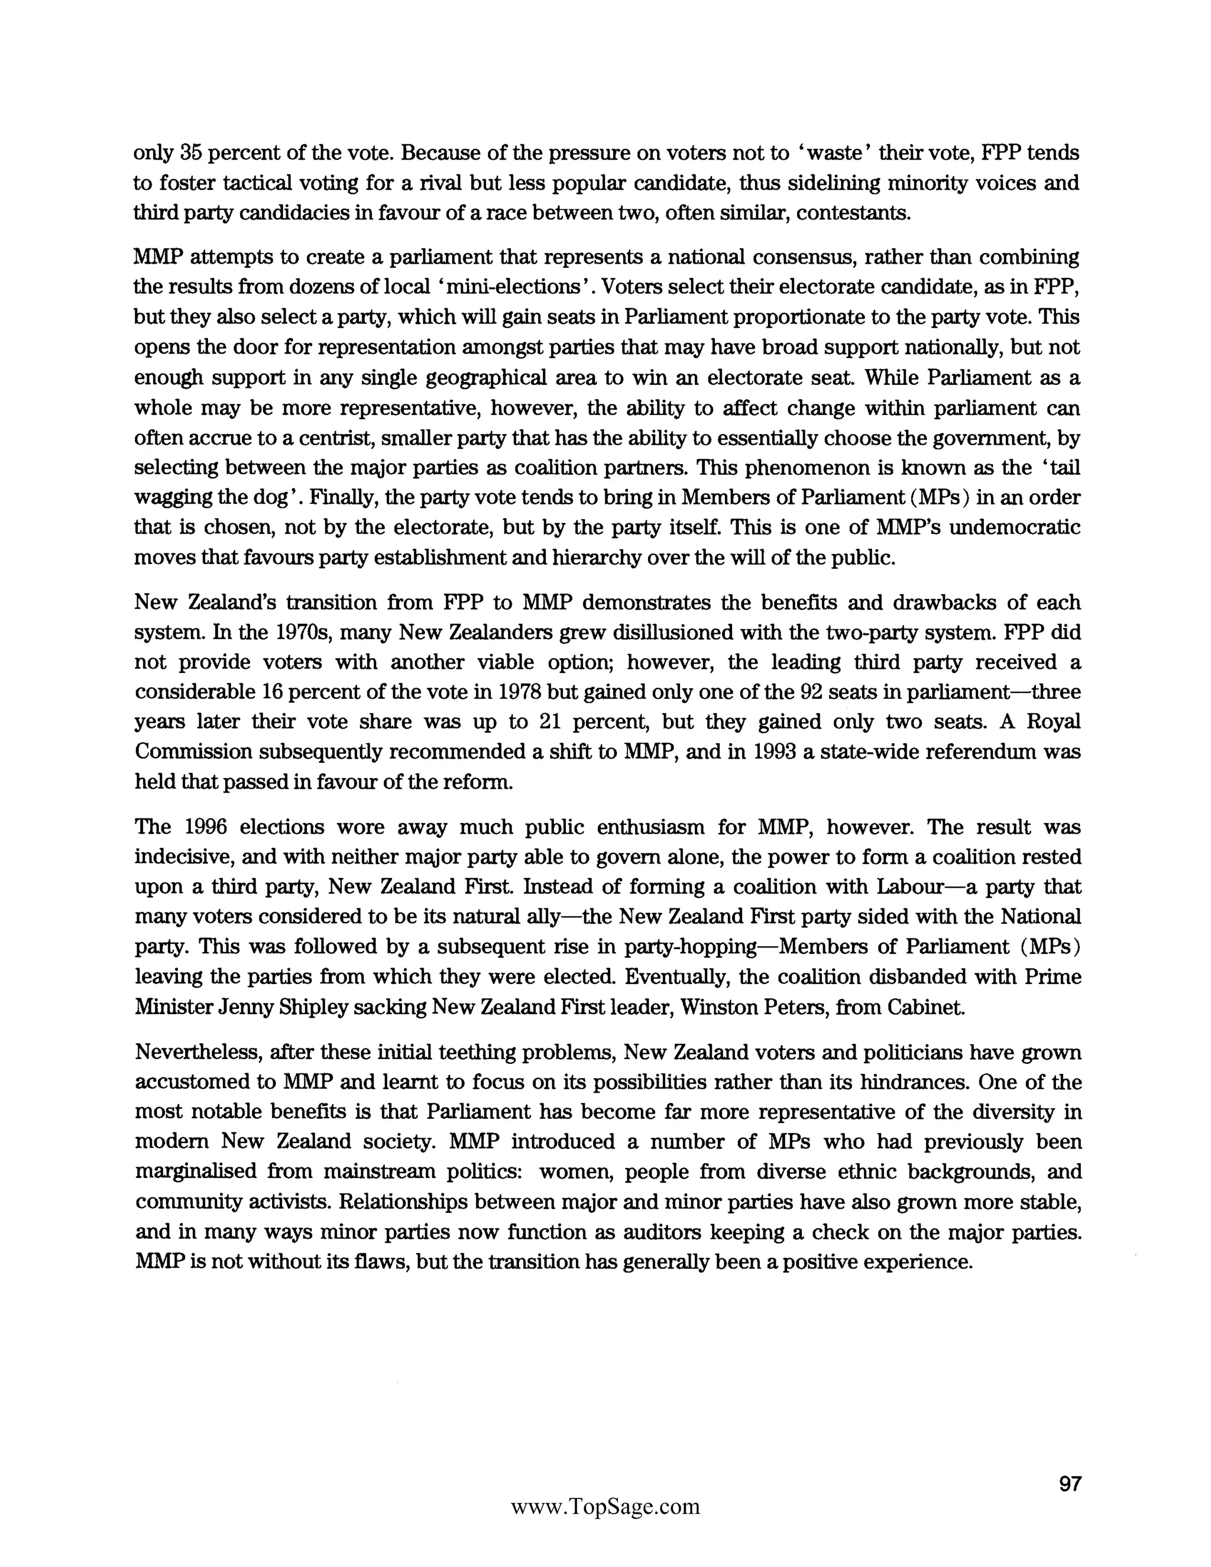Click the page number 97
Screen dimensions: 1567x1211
(1070, 1484)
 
